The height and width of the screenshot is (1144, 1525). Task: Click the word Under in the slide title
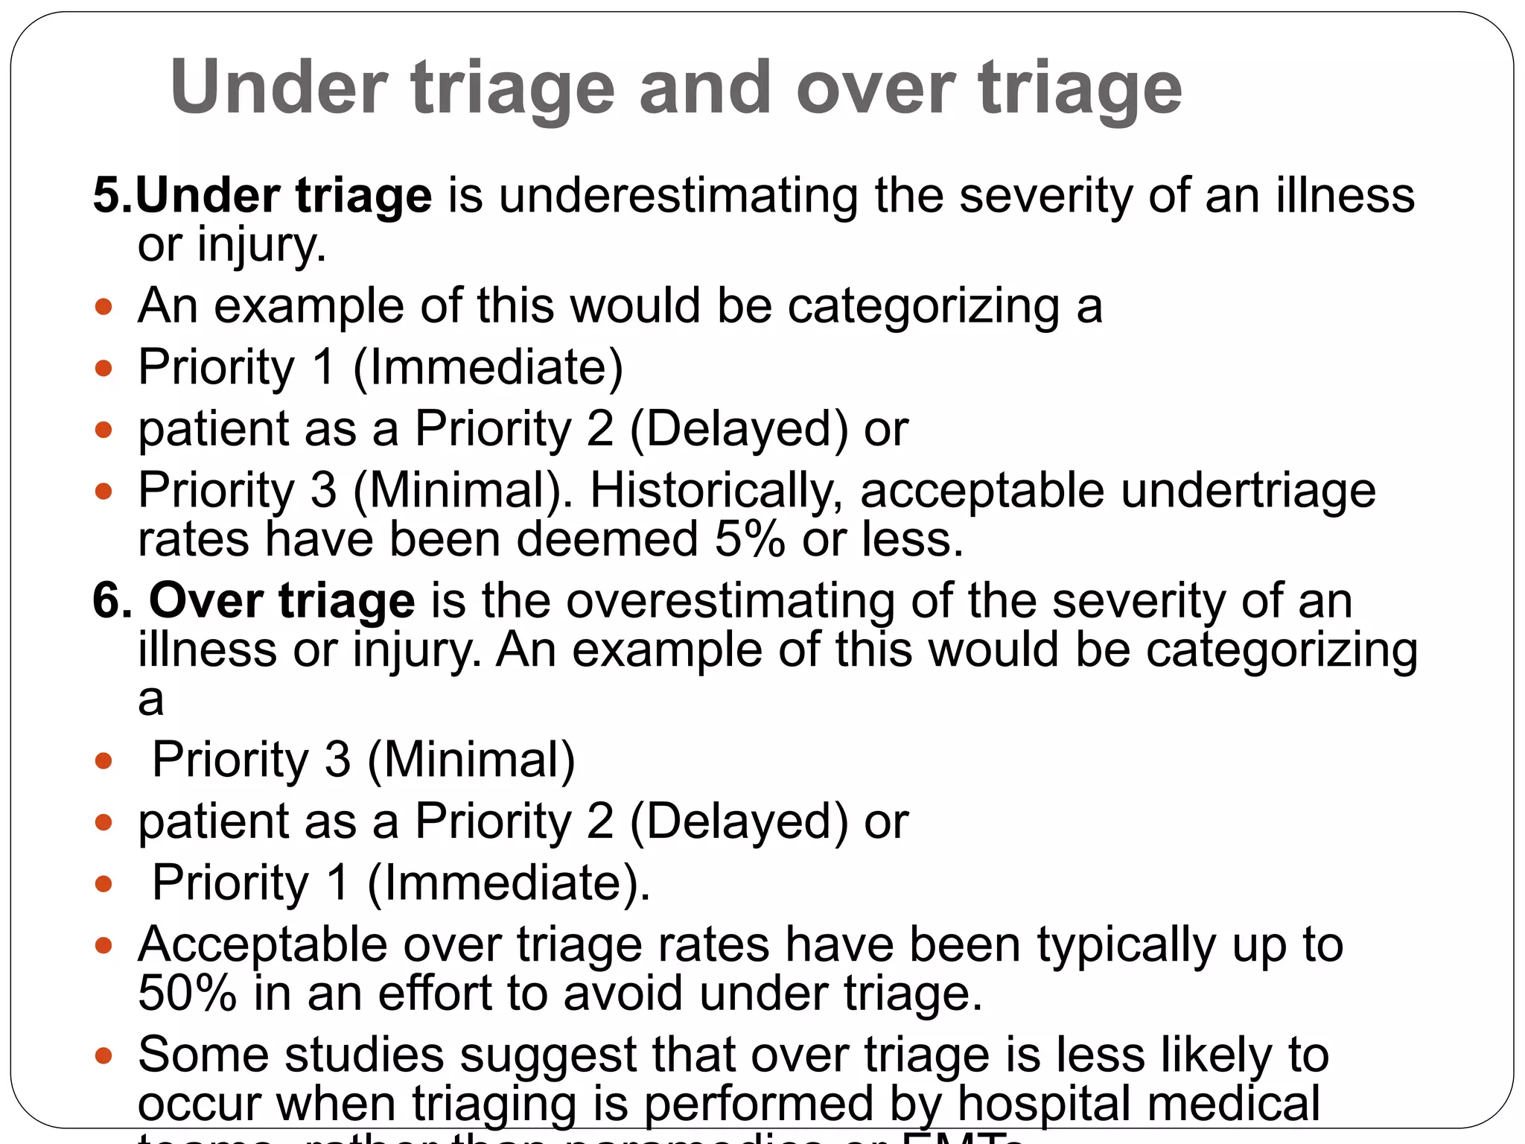click(x=279, y=87)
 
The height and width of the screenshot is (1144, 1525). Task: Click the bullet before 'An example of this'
click(x=104, y=306)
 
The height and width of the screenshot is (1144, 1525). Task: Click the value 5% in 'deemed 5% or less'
click(x=749, y=539)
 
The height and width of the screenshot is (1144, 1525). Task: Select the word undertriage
click(x=1248, y=490)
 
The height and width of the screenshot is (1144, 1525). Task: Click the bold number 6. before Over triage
click(x=112, y=600)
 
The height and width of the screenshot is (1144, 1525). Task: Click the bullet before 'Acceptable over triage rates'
click(x=104, y=946)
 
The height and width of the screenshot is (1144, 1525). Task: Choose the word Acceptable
click(x=262, y=946)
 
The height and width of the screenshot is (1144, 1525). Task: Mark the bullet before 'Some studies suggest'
click(x=104, y=1055)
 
